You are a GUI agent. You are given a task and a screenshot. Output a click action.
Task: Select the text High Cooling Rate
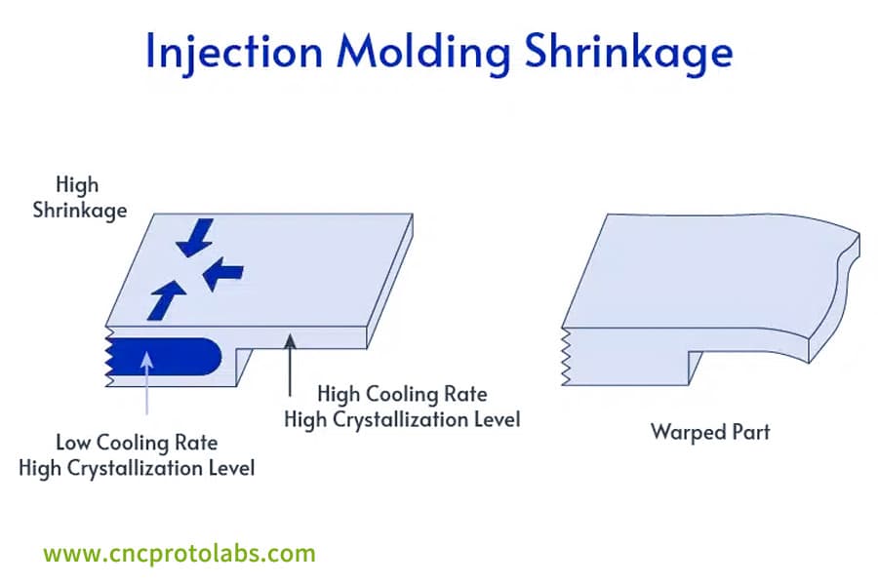tap(402, 395)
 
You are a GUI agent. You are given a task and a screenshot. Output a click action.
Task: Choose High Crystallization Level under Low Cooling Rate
tap(136, 468)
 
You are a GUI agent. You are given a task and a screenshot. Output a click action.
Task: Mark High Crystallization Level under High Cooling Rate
tap(402, 420)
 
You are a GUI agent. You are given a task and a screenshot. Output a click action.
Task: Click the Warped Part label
tap(710, 431)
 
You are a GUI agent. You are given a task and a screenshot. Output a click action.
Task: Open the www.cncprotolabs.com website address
tap(180, 554)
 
